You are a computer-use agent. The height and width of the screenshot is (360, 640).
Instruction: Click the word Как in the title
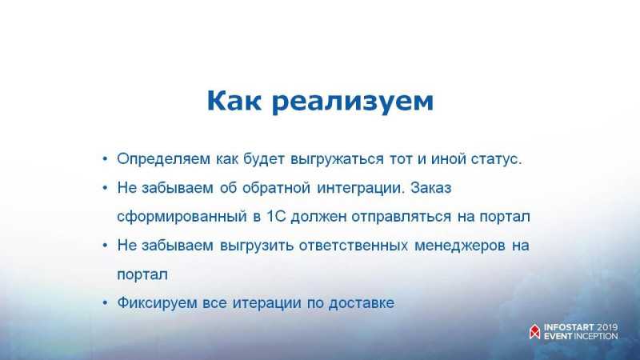234,101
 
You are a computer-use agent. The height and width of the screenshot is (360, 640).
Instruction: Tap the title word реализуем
352,102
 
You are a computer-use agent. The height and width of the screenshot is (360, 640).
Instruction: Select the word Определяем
163,159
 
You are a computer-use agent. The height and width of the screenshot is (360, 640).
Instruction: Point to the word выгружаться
337,159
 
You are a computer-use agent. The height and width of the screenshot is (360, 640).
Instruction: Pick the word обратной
276,187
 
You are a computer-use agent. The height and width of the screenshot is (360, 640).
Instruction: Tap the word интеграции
361,188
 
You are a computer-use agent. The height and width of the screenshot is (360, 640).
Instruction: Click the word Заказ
431,187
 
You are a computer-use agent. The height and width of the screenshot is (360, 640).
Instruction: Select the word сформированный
182,217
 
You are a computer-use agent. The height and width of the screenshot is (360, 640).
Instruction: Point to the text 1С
276,216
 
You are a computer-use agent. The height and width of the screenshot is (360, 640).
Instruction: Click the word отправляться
401,217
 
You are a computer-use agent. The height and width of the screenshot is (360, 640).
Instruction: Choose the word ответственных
353,246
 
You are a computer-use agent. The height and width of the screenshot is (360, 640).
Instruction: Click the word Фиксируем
157,304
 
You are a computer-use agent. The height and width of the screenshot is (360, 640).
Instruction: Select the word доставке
362,303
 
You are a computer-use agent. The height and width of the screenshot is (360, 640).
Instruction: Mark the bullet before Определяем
106,158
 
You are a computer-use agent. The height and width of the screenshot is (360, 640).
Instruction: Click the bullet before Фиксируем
106,303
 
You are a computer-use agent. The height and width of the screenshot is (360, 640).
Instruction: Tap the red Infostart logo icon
534,331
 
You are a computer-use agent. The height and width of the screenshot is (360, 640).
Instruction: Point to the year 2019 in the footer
607,327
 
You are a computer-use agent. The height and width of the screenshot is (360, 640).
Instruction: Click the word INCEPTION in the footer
596,336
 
